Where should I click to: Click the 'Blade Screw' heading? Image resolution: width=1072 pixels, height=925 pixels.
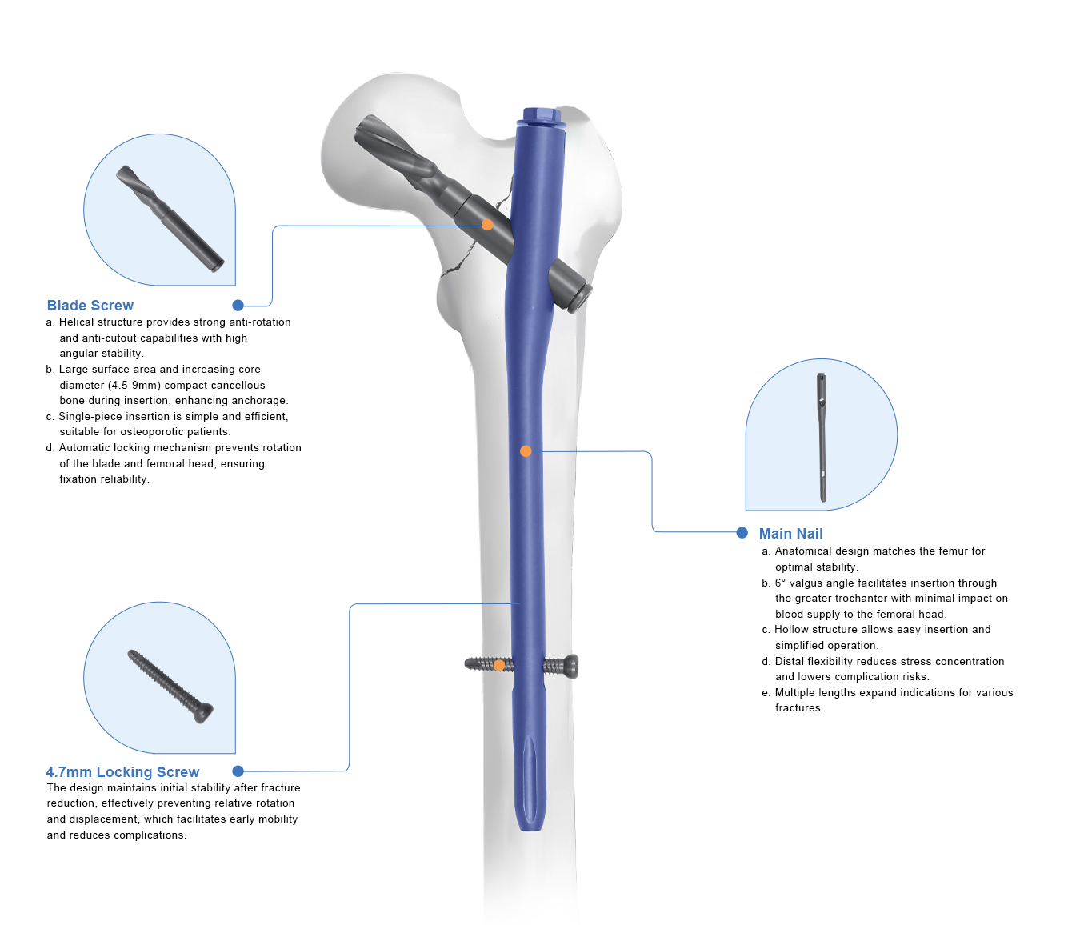[90, 306]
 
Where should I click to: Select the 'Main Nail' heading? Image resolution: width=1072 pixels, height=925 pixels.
[790, 534]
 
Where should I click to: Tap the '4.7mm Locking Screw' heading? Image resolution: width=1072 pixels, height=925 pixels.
[122, 772]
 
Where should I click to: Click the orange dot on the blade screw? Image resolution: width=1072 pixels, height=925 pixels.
[487, 225]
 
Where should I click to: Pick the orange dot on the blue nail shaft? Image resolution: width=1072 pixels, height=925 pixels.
[526, 451]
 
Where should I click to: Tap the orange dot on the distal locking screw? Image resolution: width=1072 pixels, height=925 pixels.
[499, 665]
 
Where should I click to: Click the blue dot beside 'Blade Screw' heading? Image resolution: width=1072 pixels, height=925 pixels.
[238, 306]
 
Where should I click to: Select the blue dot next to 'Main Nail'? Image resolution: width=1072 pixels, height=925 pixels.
[742, 533]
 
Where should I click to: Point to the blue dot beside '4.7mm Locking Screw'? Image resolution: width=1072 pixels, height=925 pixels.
[238, 771]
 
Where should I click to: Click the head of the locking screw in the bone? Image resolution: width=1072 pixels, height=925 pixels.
[570, 665]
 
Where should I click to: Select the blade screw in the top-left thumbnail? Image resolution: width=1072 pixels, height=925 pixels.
[170, 218]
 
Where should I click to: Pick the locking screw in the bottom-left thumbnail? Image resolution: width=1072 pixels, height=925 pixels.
[170, 686]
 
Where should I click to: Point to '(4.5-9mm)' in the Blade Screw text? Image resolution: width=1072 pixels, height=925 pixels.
[134, 386]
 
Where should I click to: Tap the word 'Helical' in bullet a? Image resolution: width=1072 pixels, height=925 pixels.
[76, 322]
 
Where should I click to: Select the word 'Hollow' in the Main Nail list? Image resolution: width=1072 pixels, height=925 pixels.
[791, 630]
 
